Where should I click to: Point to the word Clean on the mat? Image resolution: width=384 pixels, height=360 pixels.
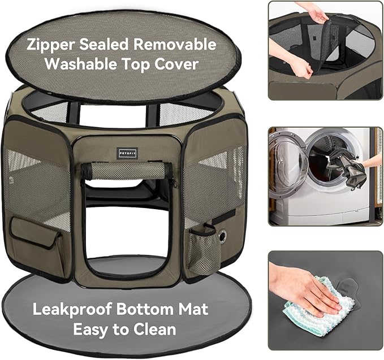(x=155, y=329)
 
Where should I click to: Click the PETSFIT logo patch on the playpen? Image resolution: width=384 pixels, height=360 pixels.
(x=127, y=154)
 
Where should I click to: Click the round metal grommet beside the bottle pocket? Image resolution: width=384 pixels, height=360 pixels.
(x=223, y=236)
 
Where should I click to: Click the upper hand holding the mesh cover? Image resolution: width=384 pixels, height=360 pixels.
(x=314, y=13)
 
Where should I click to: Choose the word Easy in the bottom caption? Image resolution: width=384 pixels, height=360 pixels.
(x=91, y=329)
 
